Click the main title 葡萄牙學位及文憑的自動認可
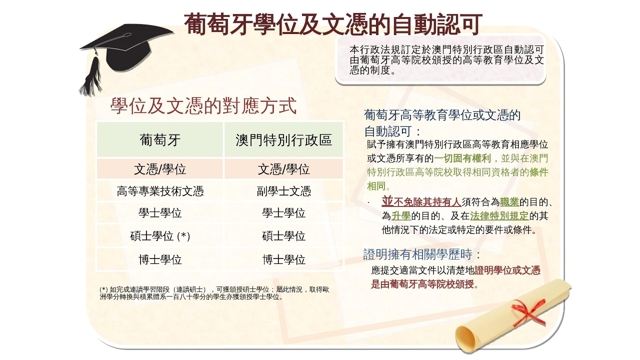click(x=333, y=24)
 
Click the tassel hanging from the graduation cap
click(x=92, y=75)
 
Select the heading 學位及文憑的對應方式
click(x=203, y=105)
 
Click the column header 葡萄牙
click(x=160, y=140)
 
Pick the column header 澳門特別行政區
click(x=283, y=140)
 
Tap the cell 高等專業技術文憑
click(x=160, y=191)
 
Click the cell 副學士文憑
click(x=283, y=191)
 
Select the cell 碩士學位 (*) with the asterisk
click(x=160, y=236)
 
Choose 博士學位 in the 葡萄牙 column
click(x=160, y=259)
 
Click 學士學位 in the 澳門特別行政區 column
click(x=283, y=213)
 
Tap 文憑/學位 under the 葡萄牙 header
click(x=160, y=169)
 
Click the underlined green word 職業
click(x=509, y=202)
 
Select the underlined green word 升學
click(x=401, y=215)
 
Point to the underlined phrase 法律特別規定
click(x=499, y=215)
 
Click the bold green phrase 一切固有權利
click(x=462, y=158)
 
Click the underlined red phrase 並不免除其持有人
click(x=421, y=201)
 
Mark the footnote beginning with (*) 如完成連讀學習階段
click(x=214, y=293)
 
